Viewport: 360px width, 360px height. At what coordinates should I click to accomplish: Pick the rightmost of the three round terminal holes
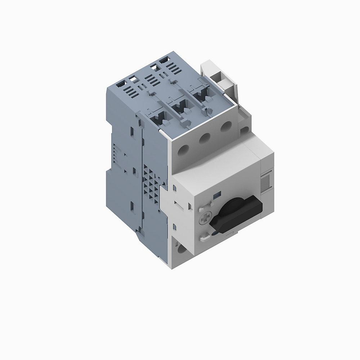(x=226, y=127)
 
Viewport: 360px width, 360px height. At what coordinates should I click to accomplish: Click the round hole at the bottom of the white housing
(x=181, y=249)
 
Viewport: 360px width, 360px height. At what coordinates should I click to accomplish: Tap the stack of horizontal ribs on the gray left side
(x=116, y=153)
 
